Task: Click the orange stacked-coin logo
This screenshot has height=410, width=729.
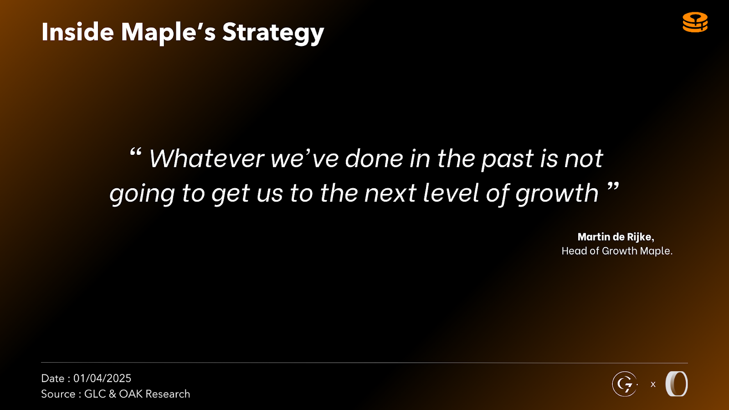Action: coord(695,22)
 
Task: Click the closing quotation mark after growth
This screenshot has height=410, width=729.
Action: coord(613,187)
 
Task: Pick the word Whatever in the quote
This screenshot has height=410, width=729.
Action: coord(206,159)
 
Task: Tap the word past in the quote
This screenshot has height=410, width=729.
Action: coord(508,160)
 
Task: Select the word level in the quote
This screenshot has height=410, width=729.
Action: coord(451,193)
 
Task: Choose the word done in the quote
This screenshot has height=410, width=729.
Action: coord(374,159)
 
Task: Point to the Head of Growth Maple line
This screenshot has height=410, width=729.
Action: coord(617,251)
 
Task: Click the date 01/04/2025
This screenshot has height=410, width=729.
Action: coord(102,378)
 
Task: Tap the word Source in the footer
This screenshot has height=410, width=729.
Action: coord(58,394)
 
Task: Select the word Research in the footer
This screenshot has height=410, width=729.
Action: coord(168,394)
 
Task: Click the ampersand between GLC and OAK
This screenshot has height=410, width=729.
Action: coord(112,394)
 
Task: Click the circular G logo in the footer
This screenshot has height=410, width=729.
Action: coord(624,384)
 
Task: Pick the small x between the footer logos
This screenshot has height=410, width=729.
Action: coord(653,384)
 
